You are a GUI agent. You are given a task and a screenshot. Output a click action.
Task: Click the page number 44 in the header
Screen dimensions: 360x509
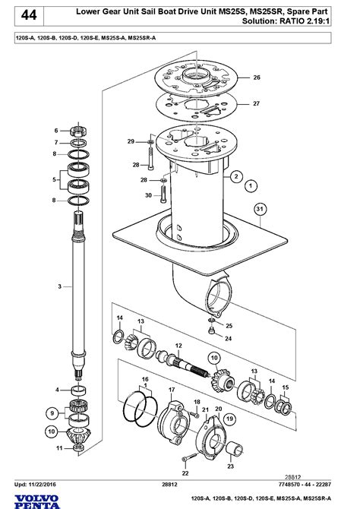[x=29, y=15]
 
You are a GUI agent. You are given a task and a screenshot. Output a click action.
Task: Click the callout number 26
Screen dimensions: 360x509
[x=257, y=77]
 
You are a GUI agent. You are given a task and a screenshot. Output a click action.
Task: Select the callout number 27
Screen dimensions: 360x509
[x=257, y=103]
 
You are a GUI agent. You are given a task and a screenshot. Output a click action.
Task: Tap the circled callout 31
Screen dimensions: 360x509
[x=260, y=210]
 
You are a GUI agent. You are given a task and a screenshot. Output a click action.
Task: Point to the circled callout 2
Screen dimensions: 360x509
[x=236, y=176]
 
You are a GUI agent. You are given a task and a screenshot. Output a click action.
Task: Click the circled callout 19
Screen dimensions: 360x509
[x=229, y=419]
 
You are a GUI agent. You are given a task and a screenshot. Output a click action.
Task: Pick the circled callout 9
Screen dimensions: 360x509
[x=52, y=413]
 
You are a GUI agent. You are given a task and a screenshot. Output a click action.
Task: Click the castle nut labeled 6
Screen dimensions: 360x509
[x=78, y=131]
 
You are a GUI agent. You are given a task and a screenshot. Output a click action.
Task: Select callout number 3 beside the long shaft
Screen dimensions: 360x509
[x=60, y=286]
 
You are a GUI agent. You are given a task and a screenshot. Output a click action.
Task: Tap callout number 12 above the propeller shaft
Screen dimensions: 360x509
[x=178, y=346]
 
